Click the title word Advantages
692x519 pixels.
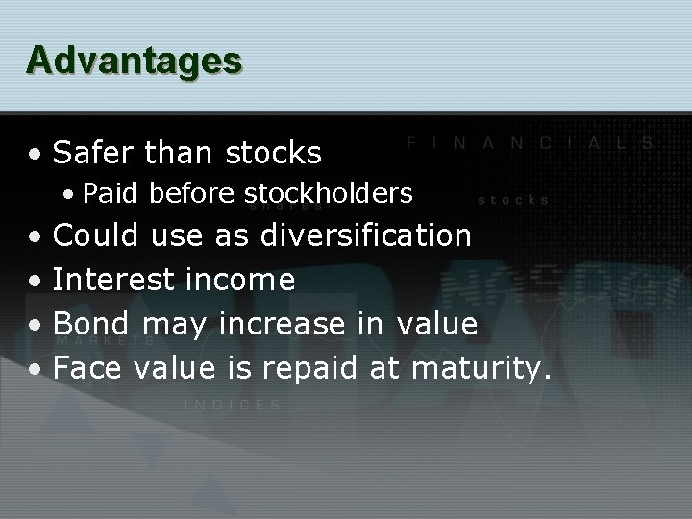tap(134, 60)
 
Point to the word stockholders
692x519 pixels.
tap(329, 194)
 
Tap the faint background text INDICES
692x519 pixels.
tap(234, 405)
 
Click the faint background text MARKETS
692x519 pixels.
tap(106, 341)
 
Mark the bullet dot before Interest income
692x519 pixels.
tap(35, 282)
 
